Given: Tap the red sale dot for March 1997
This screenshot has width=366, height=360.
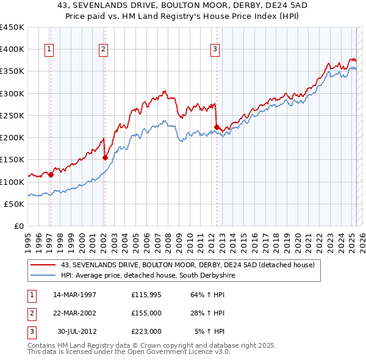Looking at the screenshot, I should pyautogui.click(x=51, y=175).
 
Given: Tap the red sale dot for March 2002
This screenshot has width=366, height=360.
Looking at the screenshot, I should pyautogui.click(x=105, y=157).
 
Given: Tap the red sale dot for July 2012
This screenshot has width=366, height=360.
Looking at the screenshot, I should pyautogui.click(x=217, y=127).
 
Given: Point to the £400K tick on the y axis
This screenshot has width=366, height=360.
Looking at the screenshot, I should pyautogui.click(x=12, y=49).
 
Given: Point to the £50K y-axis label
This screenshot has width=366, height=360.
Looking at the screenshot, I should pyautogui.click(x=15, y=204).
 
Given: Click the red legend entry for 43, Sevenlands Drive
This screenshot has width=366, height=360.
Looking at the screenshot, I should pyautogui.click(x=187, y=265).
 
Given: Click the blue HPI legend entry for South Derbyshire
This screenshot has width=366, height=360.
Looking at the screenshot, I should pyautogui.click(x=147, y=276).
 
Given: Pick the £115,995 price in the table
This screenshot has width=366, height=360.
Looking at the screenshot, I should pyautogui.click(x=146, y=294).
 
